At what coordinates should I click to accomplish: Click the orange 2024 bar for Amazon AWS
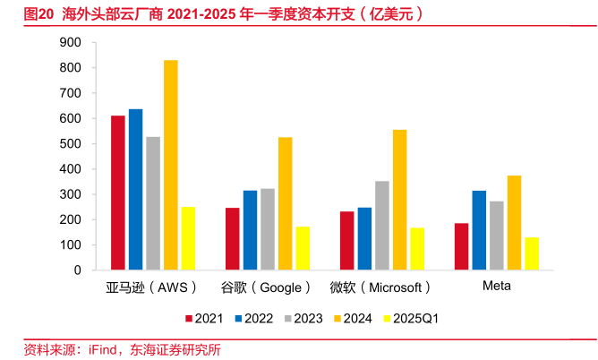click(x=170, y=165)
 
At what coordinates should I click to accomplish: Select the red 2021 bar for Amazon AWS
click(x=117, y=193)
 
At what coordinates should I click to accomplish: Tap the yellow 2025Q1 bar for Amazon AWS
click(x=188, y=238)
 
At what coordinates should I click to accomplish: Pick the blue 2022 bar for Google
click(x=250, y=230)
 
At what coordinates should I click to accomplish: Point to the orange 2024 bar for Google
click(x=285, y=203)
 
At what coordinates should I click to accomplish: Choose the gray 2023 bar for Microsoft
click(x=381, y=226)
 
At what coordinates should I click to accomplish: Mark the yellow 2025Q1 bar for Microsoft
click(x=417, y=249)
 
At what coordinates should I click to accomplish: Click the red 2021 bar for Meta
click(x=461, y=246)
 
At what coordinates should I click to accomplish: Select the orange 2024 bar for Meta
click(x=514, y=222)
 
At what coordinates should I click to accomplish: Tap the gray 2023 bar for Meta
click(x=496, y=236)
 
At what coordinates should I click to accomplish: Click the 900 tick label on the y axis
click(x=70, y=43)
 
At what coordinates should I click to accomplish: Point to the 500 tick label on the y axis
click(x=70, y=144)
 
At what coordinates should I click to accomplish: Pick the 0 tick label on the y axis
click(x=78, y=270)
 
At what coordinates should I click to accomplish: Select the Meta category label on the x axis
click(x=497, y=287)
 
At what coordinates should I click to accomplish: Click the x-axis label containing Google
click(x=266, y=287)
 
